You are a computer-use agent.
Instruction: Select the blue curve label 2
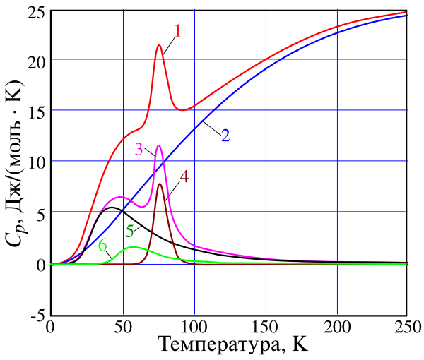225,135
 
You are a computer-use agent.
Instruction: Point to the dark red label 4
184,176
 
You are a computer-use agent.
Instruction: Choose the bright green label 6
103,246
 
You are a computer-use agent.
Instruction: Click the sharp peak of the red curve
159,45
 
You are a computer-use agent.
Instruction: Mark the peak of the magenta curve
159,146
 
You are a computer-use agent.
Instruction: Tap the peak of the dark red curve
160,184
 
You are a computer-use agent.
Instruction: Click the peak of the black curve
112,208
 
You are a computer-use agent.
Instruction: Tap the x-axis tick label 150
266,328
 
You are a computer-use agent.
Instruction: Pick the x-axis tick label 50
123,328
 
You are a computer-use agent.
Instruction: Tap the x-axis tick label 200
337,328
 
